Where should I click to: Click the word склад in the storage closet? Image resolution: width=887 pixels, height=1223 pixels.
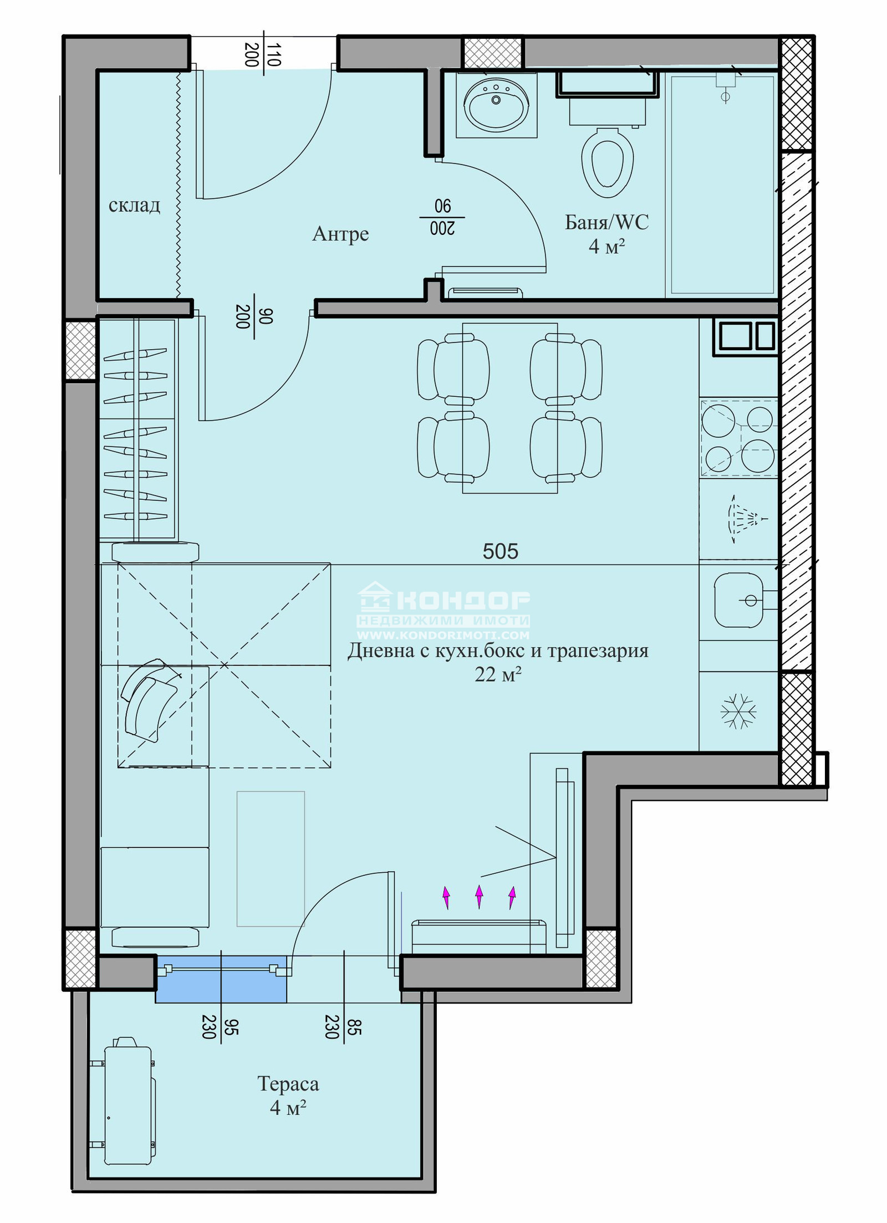click(x=134, y=206)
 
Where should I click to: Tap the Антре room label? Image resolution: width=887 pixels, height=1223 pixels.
click(x=340, y=233)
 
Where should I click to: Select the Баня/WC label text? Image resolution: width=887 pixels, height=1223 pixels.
click(x=606, y=222)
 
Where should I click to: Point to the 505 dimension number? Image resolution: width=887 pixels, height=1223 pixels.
click(x=500, y=551)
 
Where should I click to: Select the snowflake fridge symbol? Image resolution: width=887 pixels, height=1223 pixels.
click(x=738, y=711)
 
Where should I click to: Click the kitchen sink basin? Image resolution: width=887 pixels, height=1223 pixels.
click(x=739, y=600)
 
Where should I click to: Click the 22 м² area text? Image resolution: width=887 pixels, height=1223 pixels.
click(x=498, y=674)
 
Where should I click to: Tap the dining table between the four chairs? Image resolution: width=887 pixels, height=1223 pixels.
click(x=510, y=408)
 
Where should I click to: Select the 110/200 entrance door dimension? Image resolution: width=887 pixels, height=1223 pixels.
click(x=263, y=54)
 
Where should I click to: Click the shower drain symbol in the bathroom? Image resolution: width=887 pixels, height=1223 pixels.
click(x=725, y=97)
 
